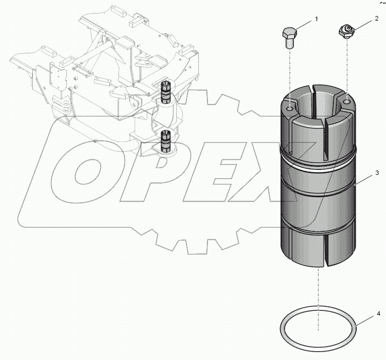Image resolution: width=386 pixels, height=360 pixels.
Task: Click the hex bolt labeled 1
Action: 290,37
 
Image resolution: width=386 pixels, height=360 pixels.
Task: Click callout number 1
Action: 315,19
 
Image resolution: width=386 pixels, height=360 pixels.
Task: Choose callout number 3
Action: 377,173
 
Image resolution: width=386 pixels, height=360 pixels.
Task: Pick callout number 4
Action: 378,314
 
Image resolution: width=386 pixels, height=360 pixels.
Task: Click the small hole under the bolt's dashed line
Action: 290,106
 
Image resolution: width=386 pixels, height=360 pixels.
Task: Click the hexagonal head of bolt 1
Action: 290,34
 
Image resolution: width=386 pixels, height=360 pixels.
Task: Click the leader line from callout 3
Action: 365,179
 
